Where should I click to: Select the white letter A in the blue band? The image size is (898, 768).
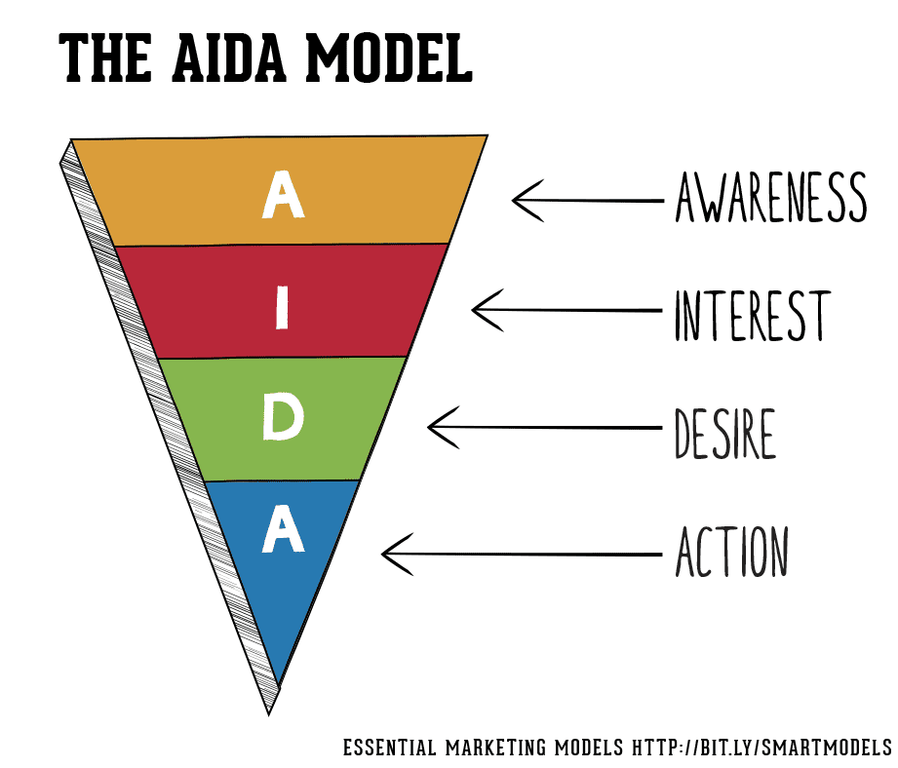coord(282,532)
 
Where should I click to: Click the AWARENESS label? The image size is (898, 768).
coord(770,199)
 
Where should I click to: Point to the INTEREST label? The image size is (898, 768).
coord(753,314)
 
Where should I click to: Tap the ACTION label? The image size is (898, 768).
coord(731,554)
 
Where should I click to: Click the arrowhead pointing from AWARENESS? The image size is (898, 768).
coord(519,200)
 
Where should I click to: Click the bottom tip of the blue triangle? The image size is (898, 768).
coord(279,678)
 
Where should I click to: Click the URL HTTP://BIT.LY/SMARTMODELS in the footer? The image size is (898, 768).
coord(762,749)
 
